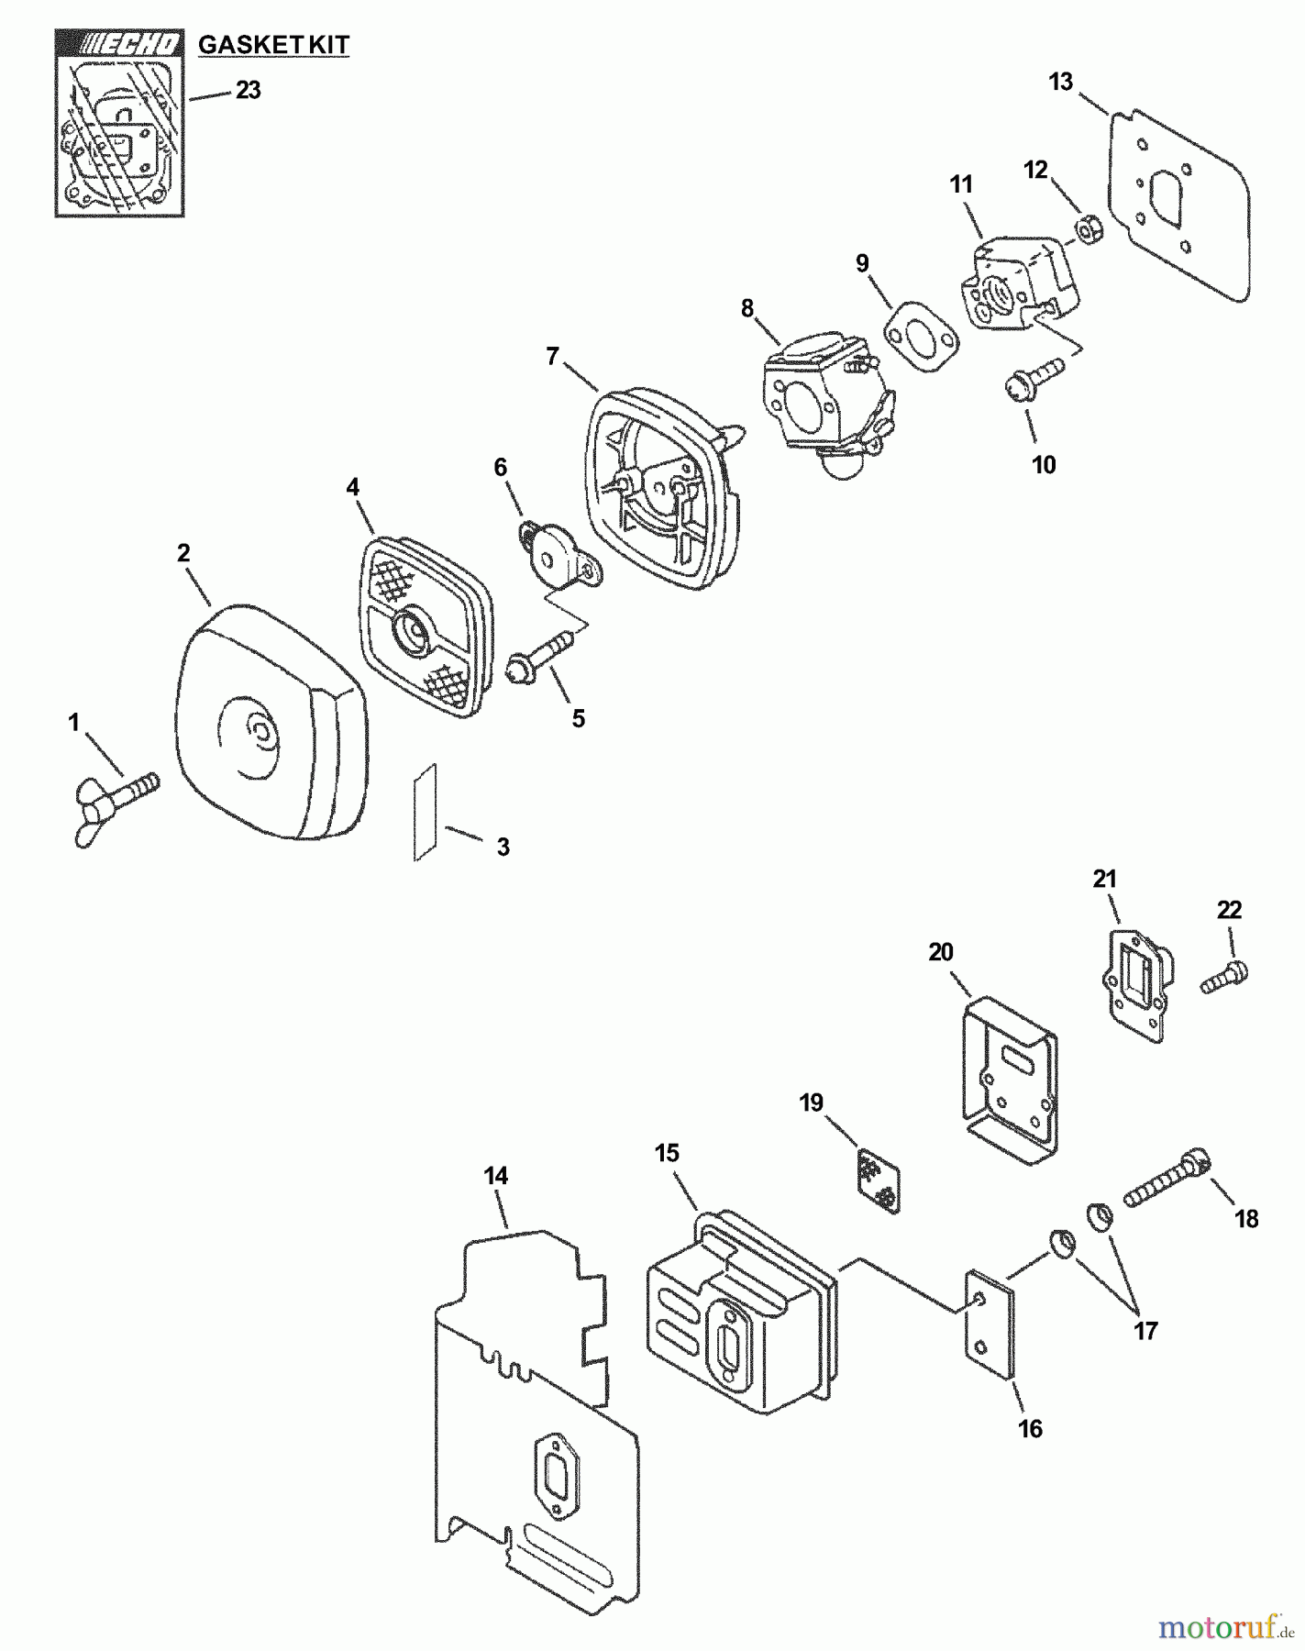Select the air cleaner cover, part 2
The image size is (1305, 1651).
[x=271, y=725]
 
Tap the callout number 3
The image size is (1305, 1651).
[x=503, y=847]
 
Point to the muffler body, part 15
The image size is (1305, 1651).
[x=743, y=1321]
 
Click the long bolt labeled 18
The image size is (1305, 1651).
[x=1165, y=1180]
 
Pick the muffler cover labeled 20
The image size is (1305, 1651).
[x=1010, y=1081]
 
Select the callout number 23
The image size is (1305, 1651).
[x=249, y=90]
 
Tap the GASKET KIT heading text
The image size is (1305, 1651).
[x=273, y=44]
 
